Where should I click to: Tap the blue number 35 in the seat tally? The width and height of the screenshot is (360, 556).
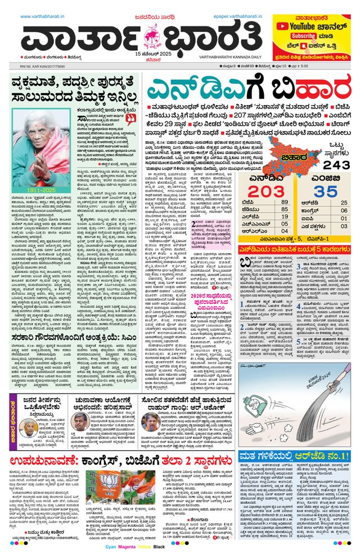click(327, 192)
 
